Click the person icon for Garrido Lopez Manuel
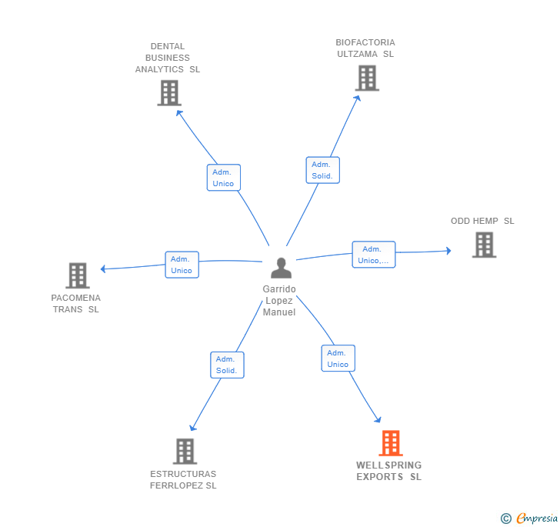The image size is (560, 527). coord(282,269)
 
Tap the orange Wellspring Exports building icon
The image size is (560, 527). coord(391,443)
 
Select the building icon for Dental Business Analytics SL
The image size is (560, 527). coord(169,93)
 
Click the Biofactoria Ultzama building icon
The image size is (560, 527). coord(367,78)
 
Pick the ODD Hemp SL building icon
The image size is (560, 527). coord(484,245)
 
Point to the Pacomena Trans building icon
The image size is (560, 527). coord(78,275)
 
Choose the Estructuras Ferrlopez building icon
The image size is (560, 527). coord(185,451)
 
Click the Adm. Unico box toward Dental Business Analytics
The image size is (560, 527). coord(224,178)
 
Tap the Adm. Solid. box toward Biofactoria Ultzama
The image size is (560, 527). coord(322,170)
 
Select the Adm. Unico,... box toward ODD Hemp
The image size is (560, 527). coord(374,255)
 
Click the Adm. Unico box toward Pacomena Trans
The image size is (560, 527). coord(182,265)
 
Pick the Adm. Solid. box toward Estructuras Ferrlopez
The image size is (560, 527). coord(227,365)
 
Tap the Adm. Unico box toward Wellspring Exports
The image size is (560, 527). coord(338,359)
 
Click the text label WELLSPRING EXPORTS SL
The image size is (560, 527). coord(389,471)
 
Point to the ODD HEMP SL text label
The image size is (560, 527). coord(482,221)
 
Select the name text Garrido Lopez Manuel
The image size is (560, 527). coord(278,301)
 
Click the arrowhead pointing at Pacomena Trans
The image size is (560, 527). coord(104,269)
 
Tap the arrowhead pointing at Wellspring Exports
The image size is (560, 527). coord(378,419)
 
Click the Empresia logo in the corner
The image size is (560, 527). coord(529,518)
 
